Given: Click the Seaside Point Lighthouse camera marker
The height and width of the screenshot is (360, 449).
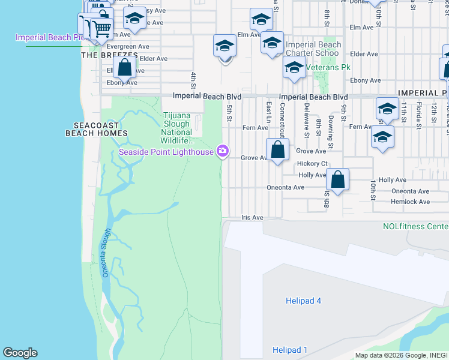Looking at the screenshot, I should pyautogui.click(x=223, y=150).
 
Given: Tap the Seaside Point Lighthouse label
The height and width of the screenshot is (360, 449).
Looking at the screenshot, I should pyautogui.click(x=166, y=152).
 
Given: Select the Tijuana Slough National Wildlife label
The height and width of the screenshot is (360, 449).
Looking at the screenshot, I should pyautogui.click(x=177, y=128).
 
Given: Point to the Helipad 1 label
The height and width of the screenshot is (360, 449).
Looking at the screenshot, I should pyautogui.click(x=289, y=350).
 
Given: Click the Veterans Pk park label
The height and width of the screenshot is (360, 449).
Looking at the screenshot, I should pyautogui.click(x=328, y=67).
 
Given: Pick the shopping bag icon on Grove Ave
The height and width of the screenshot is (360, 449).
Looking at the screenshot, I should pyautogui.click(x=277, y=150).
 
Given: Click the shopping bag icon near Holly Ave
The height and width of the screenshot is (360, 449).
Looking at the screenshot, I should pyautogui.click(x=338, y=179).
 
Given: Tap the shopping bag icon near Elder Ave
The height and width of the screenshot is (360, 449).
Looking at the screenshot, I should pyautogui.click(x=124, y=67).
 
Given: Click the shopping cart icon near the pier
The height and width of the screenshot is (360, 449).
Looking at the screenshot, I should pyautogui.click(x=101, y=28).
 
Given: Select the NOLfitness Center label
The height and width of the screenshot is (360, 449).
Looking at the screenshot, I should pyautogui.click(x=415, y=226).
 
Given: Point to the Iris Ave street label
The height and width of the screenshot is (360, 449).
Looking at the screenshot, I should pyautogui.click(x=252, y=218).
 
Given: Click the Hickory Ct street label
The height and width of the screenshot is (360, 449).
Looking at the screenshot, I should pyautogui.click(x=312, y=163).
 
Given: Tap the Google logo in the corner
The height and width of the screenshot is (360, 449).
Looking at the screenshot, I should pyautogui.click(x=20, y=353).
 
